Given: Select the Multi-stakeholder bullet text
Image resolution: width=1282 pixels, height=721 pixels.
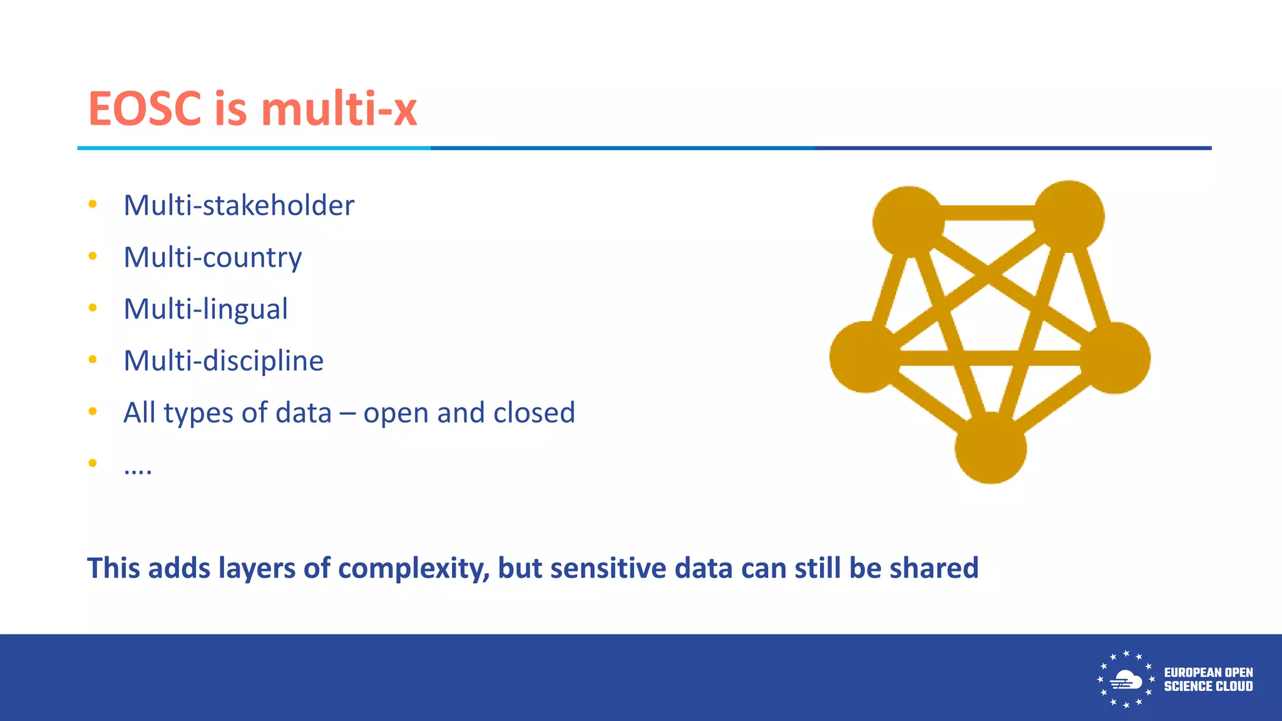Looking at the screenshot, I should click(238, 205).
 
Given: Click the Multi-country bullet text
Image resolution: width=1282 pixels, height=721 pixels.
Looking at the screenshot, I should click(212, 257).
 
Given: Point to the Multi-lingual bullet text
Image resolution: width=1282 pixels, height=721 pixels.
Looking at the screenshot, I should click(205, 309).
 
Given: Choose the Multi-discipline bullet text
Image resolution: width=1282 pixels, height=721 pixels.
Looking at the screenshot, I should click(223, 361).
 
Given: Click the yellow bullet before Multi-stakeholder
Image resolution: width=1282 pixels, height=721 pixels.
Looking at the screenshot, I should click(93, 204).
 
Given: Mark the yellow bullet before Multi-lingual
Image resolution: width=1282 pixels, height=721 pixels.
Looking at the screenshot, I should click(93, 307).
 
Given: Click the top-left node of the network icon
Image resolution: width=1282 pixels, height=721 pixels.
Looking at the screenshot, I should click(908, 221).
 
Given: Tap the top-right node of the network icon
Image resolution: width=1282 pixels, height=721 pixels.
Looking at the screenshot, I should click(1069, 216).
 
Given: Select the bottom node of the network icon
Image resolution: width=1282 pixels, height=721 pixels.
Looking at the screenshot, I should click(990, 448).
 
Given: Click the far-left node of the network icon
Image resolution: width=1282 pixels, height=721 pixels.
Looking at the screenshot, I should click(864, 357).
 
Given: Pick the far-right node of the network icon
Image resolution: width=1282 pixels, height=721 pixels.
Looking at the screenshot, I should click(1115, 357).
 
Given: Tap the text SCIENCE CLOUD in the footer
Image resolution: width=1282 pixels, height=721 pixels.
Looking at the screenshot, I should click(1208, 687).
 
